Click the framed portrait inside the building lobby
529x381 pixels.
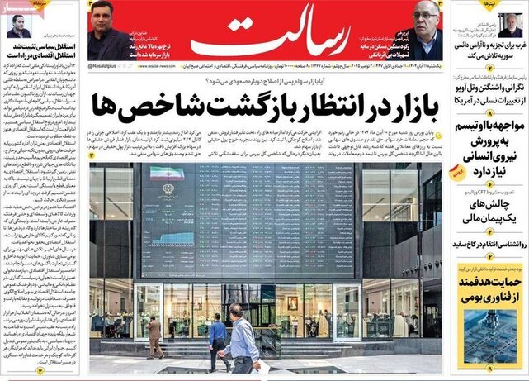click(x=292, y=302)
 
